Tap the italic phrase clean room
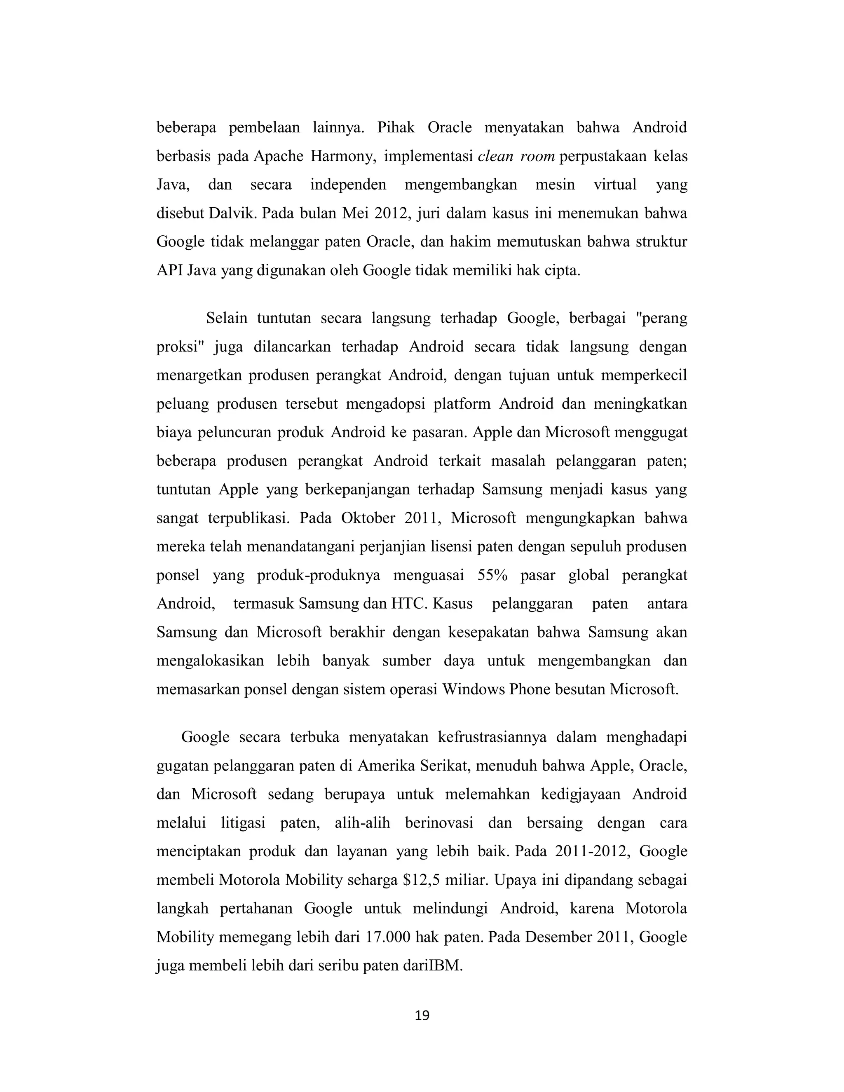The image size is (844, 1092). point(516,157)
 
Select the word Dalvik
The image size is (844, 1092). point(232,213)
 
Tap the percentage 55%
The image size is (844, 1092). point(492,575)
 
